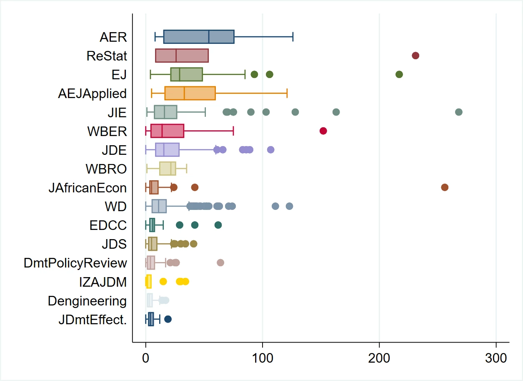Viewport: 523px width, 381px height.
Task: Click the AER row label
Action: pyautogui.click(x=113, y=37)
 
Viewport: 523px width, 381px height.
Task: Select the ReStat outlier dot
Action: pyautogui.click(x=415, y=56)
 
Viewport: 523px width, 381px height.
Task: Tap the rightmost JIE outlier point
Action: pyautogui.click(x=458, y=112)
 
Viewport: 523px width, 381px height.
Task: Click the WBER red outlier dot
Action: pyautogui.click(x=323, y=131)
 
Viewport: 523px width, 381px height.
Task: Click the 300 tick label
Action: pyautogui.click(x=496, y=358)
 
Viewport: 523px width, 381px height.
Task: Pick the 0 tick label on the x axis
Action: pyautogui.click(x=146, y=358)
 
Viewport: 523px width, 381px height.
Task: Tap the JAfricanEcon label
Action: pyautogui.click(x=88, y=188)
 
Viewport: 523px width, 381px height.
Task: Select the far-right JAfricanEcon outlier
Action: pyautogui.click(x=445, y=187)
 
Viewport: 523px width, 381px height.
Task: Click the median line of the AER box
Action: pyautogui.click(x=209, y=37)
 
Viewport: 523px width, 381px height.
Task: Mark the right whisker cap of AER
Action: pyautogui.click(x=293, y=37)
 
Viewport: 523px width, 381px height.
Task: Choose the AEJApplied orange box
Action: pyautogui.click(x=190, y=93)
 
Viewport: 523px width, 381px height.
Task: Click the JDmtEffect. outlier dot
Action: pyautogui.click(x=168, y=319)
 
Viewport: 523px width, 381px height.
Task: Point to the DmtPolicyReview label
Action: pyautogui.click(x=75, y=263)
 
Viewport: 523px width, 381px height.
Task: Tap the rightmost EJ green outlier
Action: pyautogui.click(x=399, y=74)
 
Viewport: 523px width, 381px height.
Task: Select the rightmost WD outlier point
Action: pyautogui.click(x=289, y=206)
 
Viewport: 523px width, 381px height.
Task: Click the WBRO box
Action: pyautogui.click(x=168, y=169)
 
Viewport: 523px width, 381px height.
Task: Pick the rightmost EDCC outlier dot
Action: pyautogui.click(x=218, y=225)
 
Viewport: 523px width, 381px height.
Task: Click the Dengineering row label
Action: pyautogui.click(x=88, y=301)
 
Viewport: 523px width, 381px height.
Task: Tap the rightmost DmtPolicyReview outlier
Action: pyautogui.click(x=220, y=263)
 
